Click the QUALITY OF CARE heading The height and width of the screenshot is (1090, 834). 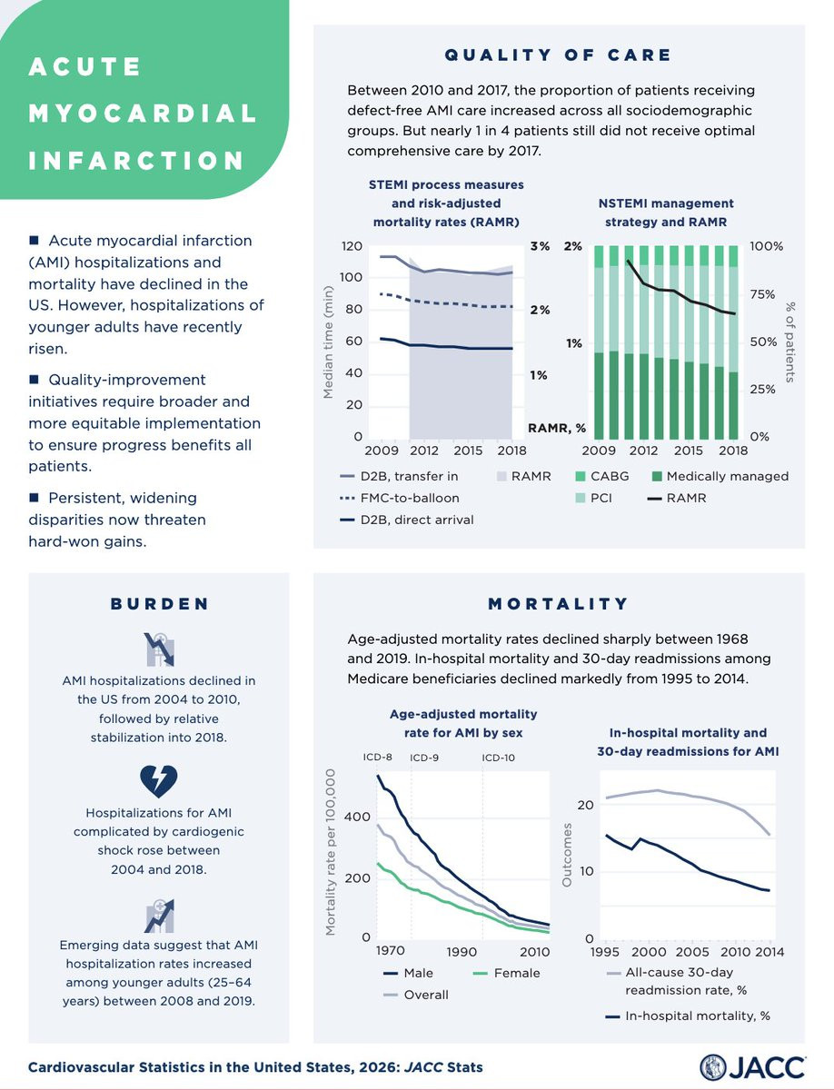[558, 55]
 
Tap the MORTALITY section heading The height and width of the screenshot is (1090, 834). [558, 603]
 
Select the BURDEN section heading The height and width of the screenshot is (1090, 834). [159, 603]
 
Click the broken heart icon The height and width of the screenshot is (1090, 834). [159, 779]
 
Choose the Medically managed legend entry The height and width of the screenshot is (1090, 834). [717, 476]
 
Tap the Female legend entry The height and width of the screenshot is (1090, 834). [504, 973]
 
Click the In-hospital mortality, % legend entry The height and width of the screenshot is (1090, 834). [690, 1016]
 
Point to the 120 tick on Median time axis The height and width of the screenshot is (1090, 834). [352, 246]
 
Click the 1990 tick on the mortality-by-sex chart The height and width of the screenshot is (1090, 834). [462, 951]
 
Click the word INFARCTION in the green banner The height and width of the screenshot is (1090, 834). [137, 161]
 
